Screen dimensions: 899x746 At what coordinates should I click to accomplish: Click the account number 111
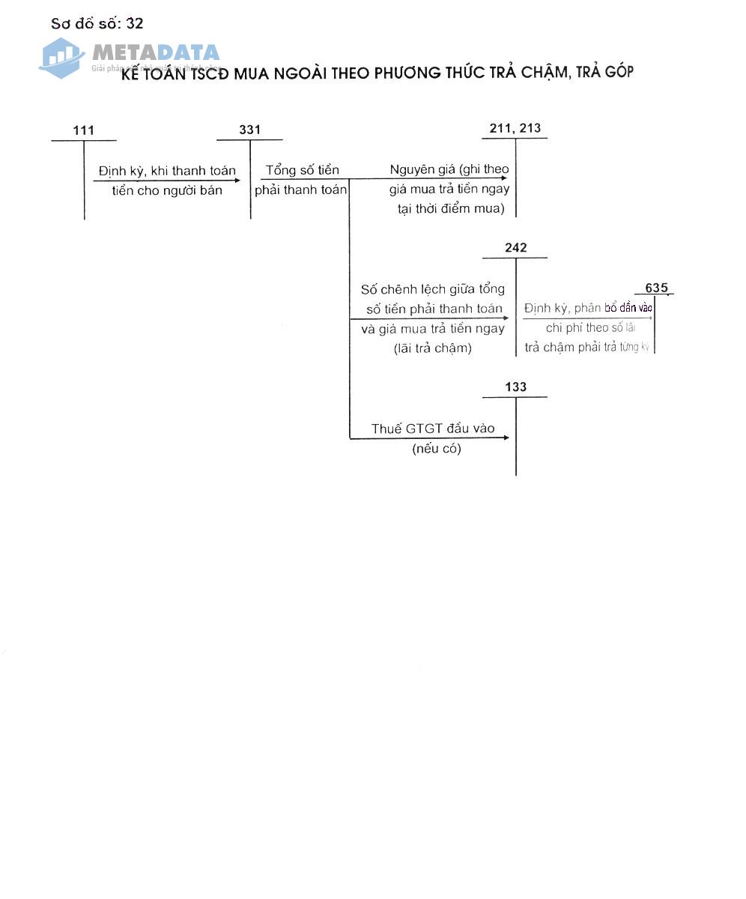coord(84,130)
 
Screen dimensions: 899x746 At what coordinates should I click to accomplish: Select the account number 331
coord(250,130)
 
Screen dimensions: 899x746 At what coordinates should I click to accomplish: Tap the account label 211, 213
coord(515,128)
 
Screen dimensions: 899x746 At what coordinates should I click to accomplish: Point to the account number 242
coord(516,247)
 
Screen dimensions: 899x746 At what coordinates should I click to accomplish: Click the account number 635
coord(656,288)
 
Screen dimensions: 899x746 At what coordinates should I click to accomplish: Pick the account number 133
coord(516,387)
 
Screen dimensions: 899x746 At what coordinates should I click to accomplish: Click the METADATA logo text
coord(156,52)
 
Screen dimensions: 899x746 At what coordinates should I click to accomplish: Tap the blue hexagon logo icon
coord(61,57)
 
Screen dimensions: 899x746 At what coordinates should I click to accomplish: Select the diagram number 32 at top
coord(135,23)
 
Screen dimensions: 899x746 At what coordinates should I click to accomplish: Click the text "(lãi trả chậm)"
coord(433,348)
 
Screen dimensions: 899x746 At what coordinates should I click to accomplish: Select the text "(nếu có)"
coord(437,449)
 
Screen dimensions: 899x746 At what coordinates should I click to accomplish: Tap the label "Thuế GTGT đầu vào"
coord(433,429)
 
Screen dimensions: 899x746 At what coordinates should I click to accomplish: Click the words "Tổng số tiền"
coord(303,170)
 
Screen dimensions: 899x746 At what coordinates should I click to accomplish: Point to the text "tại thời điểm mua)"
coord(451,208)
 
